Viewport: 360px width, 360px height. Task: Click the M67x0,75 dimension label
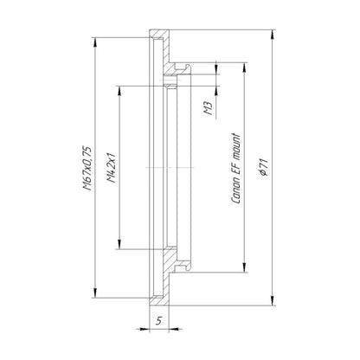point(87,169)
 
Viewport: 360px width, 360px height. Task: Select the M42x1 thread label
point(111,168)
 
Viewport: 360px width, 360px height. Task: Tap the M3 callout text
point(209,108)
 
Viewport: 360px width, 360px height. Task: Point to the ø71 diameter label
point(264,167)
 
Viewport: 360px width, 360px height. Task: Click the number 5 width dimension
point(159,320)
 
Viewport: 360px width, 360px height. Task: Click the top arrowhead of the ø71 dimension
point(272,35)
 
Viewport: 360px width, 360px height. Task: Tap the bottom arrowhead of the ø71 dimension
point(272,300)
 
